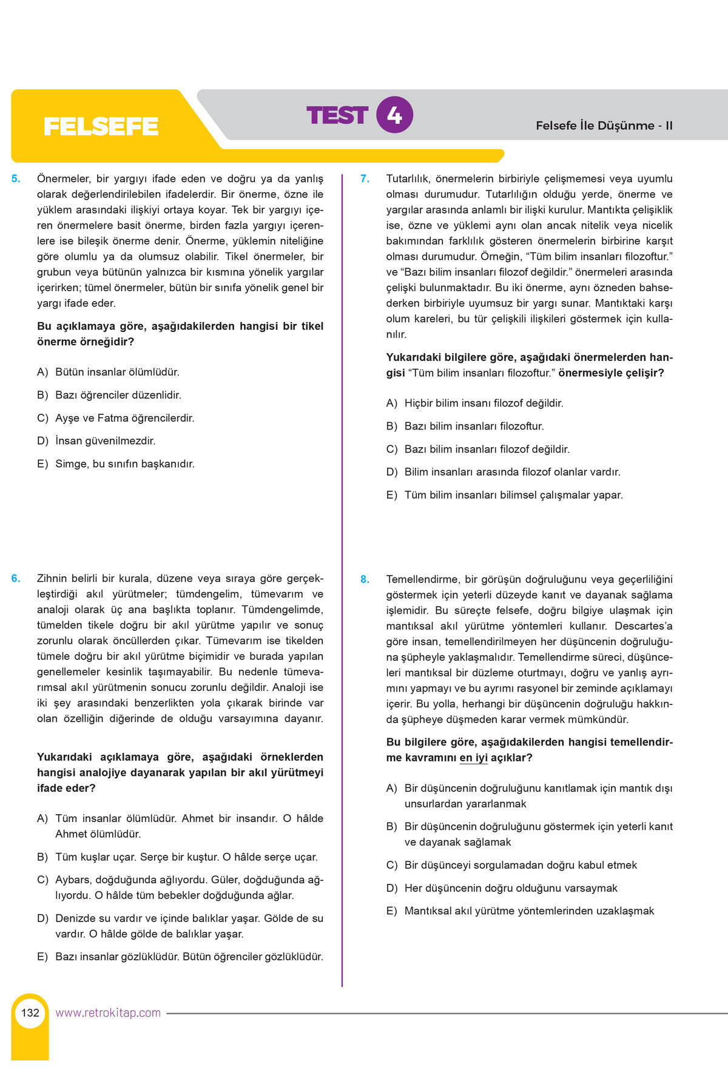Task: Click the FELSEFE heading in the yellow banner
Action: [x=101, y=126]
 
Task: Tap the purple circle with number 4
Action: [x=394, y=115]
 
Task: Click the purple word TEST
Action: [x=337, y=115]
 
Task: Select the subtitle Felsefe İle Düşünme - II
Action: [x=604, y=126]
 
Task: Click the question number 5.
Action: [x=16, y=179]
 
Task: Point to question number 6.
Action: [x=16, y=579]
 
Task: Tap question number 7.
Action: [x=365, y=179]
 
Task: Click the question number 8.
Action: [x=365, y=579]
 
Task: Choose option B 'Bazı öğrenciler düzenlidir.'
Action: [x=118, y=395]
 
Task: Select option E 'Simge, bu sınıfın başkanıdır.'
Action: [x=124, y=464]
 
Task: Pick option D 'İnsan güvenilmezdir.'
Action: [x=105, y=441]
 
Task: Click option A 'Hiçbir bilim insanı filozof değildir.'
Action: [x=484, y=403]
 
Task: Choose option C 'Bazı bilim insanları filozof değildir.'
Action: [x=487, y=450]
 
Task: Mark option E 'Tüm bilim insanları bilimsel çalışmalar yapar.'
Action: [x=513, y=495]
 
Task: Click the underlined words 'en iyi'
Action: [x=473, y=758]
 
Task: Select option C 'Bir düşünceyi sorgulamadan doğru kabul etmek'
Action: [x=521, y=865]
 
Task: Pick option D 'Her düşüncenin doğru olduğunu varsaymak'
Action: [x=511, y=888]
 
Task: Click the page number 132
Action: [x=30, y=1013]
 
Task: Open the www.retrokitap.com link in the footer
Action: [x=108, y=1013]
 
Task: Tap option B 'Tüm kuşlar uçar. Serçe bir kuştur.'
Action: [x=186, y=857]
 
